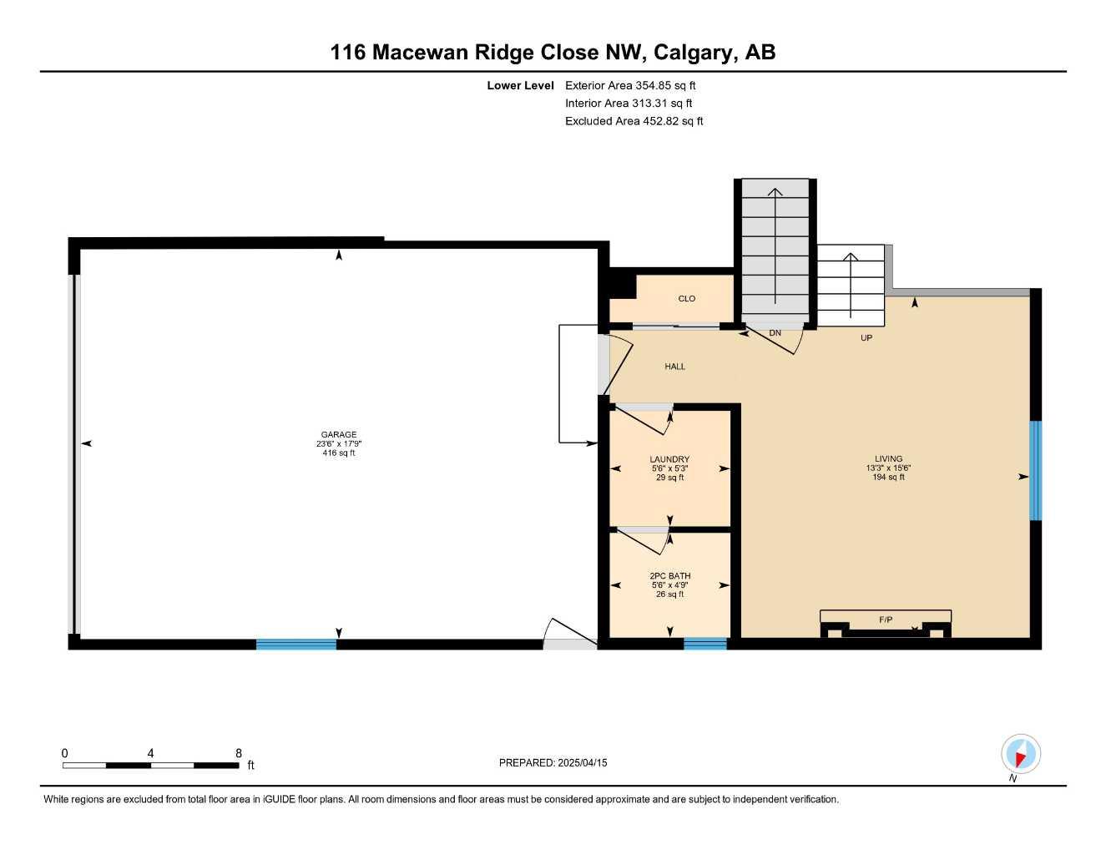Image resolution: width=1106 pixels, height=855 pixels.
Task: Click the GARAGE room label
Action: [x=339, y=434]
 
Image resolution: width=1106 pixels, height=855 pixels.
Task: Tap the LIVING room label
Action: [x=888, y=458]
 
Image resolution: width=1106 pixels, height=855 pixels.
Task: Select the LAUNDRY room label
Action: [x=669, y=459]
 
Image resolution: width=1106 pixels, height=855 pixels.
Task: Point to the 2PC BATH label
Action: [x=669, y=576]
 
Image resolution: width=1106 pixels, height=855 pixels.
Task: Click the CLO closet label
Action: [x=686, y=299]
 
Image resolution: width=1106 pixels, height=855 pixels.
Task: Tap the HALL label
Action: [x=674, y=367]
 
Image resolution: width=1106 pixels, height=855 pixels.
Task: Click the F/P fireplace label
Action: [x=886, y=620]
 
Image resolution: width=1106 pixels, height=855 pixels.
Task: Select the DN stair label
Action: [x=775, y=333]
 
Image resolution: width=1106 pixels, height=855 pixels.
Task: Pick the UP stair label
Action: [x=866, y=338]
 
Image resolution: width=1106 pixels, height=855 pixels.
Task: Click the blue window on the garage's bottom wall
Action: [x=295, y=644]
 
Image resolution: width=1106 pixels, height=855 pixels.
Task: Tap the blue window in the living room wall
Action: [x=1035, y=471]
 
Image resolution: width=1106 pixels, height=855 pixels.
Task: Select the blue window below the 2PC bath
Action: [x=705, y=644]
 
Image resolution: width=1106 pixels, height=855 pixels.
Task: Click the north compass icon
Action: [x=1020, y=754]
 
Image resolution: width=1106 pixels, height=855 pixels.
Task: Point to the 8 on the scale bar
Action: [x=239, y=753]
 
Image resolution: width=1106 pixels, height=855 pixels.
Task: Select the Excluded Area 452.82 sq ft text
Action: [x=634, y=121]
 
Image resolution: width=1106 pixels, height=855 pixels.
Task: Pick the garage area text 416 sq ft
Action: [x=339, y=453]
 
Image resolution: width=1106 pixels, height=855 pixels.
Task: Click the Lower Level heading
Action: [x=520, y=85]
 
